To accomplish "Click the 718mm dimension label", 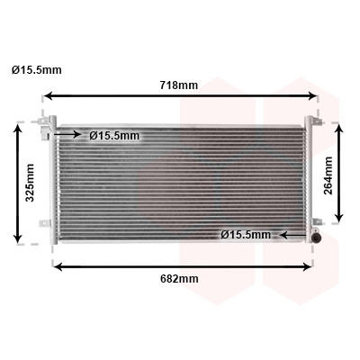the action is [x=179, y=85].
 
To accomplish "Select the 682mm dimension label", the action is [x=179, y=279].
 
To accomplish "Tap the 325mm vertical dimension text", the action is [x=30, y=183].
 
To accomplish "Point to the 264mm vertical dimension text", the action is [x=328, y=175].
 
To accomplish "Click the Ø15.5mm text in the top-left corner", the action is [x=37, y=70].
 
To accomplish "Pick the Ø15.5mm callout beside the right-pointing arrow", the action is [x=114, y=136].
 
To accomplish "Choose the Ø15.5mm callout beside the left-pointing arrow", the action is [x=246, y=234].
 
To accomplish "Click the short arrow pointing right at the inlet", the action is [x=67, y=134].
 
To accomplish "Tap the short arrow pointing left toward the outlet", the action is [x=292, y=235].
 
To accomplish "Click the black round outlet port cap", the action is [x=316, y=238].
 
